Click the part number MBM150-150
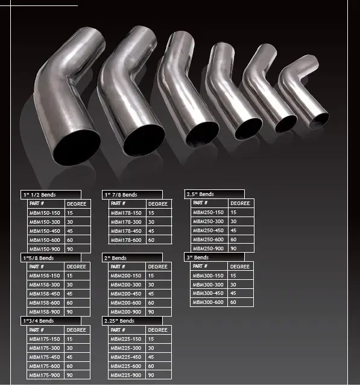44,213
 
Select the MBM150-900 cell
44,249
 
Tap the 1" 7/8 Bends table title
121,195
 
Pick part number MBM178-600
126,240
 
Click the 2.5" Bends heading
200,194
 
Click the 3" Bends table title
198,258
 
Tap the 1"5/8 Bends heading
38,258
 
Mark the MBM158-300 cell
44,285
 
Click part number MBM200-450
126,294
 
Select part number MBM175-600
44,366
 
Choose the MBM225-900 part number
126,375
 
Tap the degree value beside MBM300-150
233,276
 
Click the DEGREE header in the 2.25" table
158,330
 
